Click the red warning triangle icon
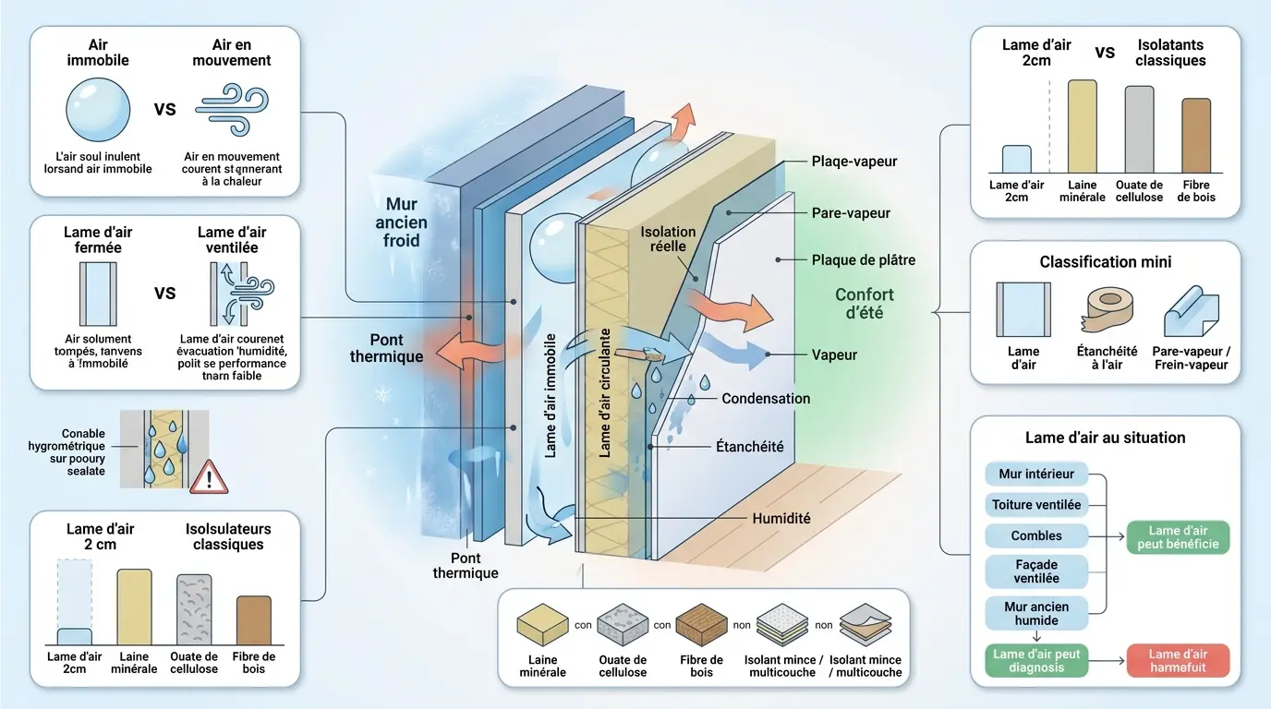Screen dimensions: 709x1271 click(x=212, y=477)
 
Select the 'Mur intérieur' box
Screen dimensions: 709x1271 click(x=1036, y=475)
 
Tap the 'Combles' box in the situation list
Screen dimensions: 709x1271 click(x=1036, y=535)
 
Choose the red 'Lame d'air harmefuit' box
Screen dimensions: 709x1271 click(x=1178, y=661)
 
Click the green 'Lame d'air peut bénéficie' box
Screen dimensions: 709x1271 click(x=1178, y=537)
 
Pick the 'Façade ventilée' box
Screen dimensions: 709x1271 click(x=1036, y=571)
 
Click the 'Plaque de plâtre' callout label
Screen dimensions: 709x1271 click(x=863, y=260)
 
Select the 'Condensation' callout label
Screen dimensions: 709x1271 click(x=765, y=399)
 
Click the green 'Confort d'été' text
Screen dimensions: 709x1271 click(x=865, y=304)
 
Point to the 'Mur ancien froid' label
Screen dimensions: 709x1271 click(x=402, y=222)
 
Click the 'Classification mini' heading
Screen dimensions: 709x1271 click(x=1105, y=262)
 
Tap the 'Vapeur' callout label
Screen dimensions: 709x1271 click(x=834, y=354)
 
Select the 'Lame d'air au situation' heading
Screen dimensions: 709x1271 click(x=1105, y=438)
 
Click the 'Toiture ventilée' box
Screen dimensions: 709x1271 click(x=1036, y=505)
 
